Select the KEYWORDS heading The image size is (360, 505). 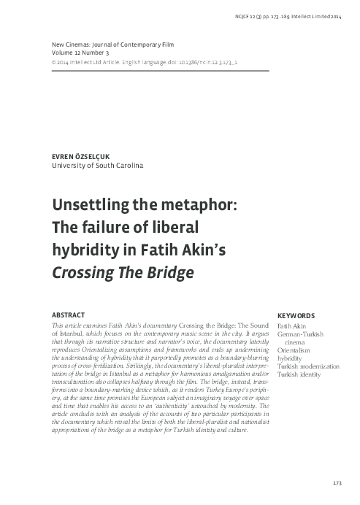pos(296,315)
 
